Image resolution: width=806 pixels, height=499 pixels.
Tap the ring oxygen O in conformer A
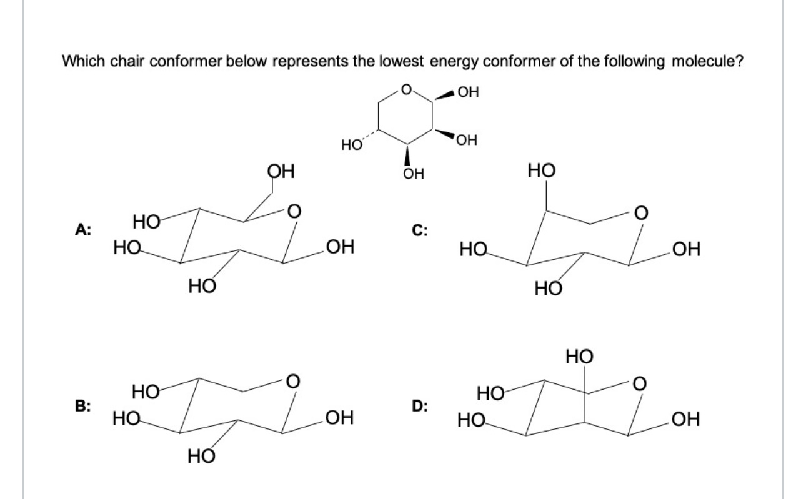(x=291, y=212)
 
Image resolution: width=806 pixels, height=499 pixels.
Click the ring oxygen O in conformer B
(x=291, y=380)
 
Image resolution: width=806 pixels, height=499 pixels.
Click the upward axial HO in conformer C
(x=540, y=170)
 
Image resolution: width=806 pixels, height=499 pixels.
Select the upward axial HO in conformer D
(x=579, y=357)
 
